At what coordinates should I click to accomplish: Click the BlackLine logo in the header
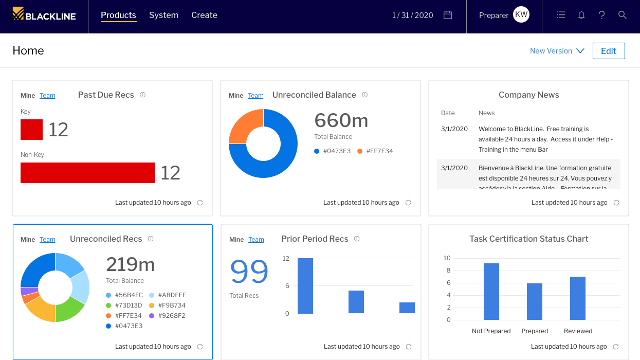(44, 15)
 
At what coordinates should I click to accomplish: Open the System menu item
(163, 15)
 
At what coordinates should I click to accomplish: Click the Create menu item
(204, 15)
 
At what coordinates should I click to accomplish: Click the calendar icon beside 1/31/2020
(448, 15)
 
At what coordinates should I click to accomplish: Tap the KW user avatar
(521, 15)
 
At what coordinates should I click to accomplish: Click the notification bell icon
(581, 15)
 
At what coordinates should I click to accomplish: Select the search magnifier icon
(623, 15)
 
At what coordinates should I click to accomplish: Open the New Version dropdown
(557, 51)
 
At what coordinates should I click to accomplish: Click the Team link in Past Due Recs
(47, 96)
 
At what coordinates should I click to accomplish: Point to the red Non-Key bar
(87, 173)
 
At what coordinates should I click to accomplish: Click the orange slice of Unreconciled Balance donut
(244, 125)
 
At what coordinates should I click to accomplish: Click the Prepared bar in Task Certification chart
(535, 301)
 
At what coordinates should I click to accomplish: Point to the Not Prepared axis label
(491, 331)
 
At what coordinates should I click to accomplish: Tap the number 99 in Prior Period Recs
(249, 272)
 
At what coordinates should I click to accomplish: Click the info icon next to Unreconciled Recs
(151, 239)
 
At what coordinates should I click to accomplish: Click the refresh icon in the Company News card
(616, 203)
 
